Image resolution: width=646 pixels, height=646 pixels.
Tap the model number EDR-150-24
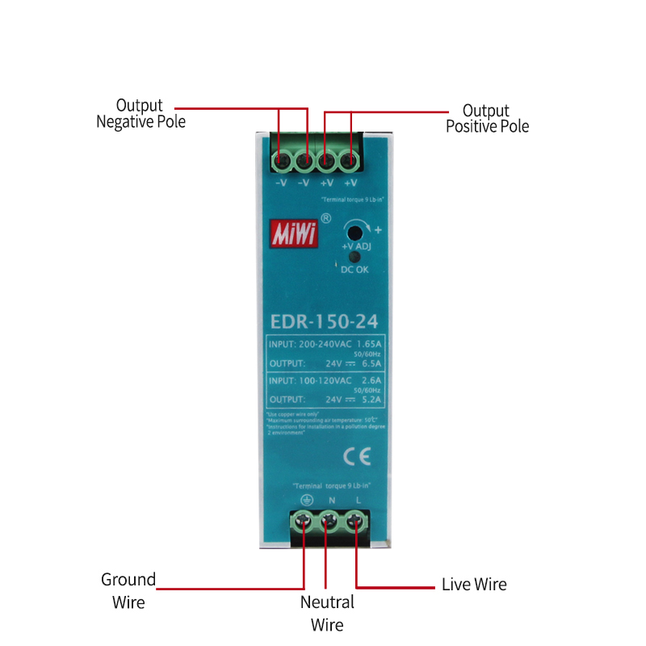pyautogui.click(x=325, y=321)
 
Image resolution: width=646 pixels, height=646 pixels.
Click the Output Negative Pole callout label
pyautogui.click(x=141, y=114)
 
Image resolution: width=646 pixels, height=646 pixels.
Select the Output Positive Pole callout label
pyautogui.click(x=487, y=118)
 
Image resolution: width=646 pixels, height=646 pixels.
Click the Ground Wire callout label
pyautogui.click(x=128, y=590)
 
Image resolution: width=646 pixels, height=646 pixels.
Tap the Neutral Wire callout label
pyautogui.click(x=327, y=613)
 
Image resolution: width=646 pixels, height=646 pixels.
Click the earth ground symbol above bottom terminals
pyautogui.click(x=306, y=499)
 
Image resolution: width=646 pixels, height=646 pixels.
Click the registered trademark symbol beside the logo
pyautogui.click(x=325, y=218)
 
